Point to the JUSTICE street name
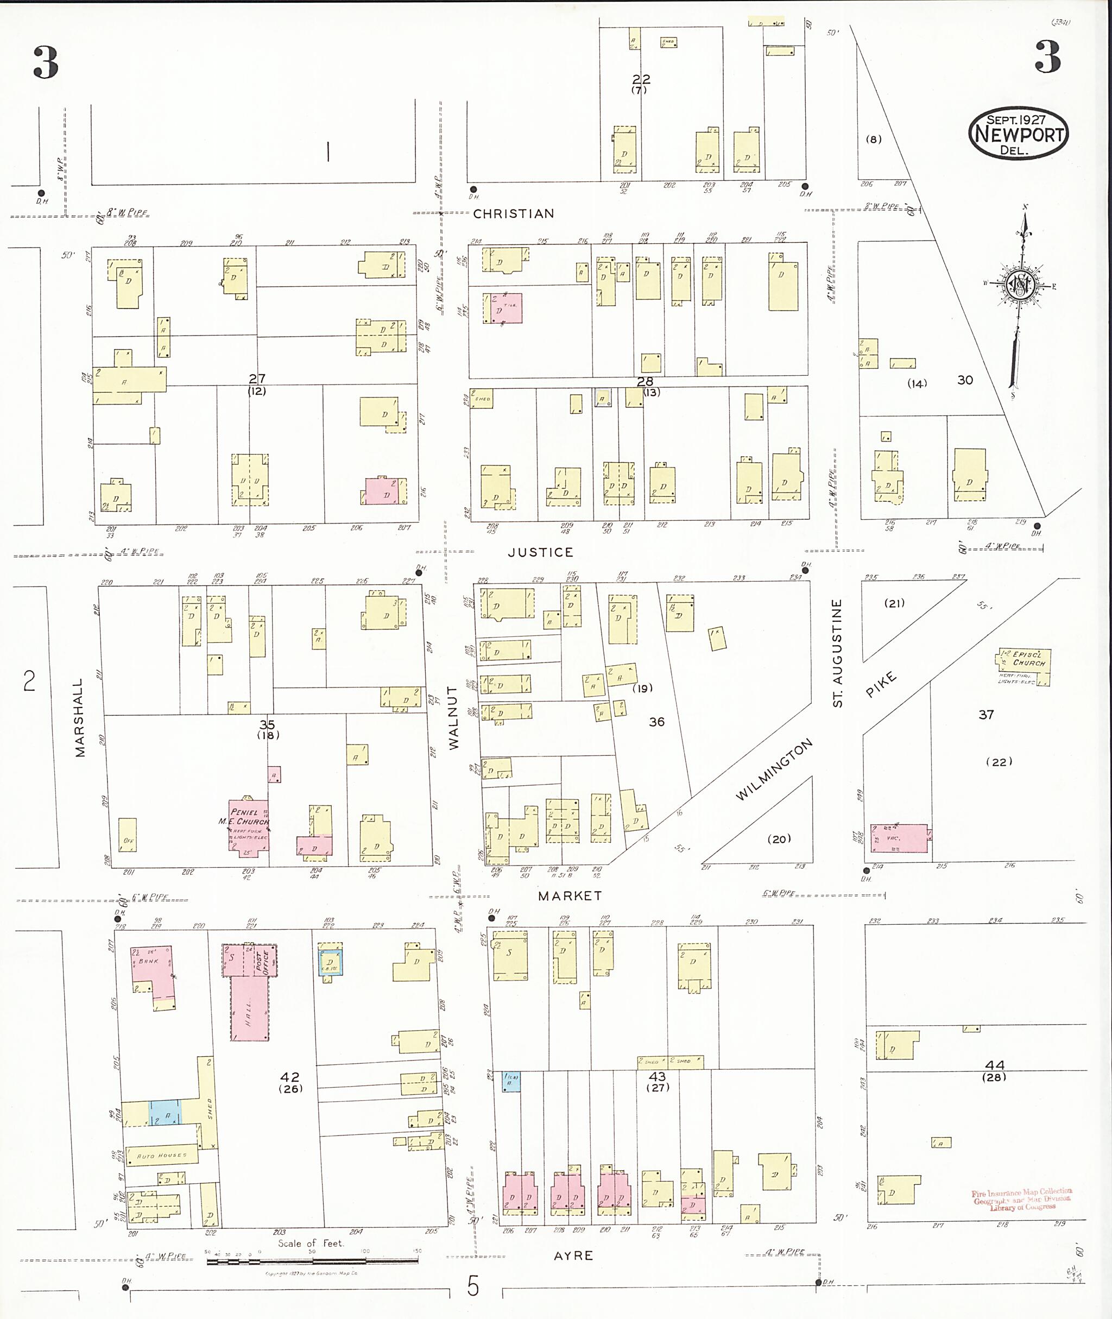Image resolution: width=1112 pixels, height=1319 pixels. pos(540,552)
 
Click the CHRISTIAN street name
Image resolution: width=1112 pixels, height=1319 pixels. pos(513,214)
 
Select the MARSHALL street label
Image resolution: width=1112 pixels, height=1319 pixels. pos(79,717)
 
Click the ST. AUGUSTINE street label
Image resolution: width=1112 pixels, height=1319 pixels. pos(837,653)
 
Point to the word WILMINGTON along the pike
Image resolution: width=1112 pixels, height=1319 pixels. pos(774,770)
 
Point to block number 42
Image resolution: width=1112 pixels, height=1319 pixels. pos(289,1077)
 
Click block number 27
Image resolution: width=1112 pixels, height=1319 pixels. pos(257,379)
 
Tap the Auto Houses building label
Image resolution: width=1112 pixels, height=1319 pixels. pos(162,1155)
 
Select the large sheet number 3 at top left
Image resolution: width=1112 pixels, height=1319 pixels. pos(46,62)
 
